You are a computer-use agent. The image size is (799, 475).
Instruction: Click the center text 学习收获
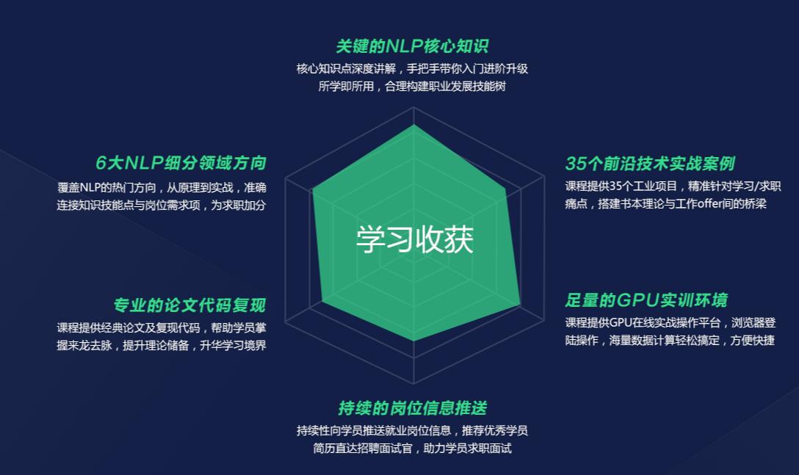tap(414, 240)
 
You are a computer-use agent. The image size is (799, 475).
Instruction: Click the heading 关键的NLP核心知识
tap(412, 46)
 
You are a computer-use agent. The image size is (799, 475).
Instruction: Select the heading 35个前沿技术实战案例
tap(649, 163)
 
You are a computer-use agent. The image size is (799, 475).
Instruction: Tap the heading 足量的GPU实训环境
tap(646, 300)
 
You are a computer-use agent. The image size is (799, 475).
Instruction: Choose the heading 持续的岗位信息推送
tap(412, 408)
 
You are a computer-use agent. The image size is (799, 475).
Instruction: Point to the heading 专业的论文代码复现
tap(189, 305)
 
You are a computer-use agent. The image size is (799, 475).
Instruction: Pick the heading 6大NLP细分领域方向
tap(181, 163)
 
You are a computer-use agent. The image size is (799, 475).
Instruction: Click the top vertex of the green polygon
tap(414, 125)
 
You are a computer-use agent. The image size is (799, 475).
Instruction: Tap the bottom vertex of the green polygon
tap(414, 341)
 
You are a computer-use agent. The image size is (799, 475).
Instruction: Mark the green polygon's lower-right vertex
tap(521, 304)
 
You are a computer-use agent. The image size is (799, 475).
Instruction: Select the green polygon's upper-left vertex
tap(313, 189)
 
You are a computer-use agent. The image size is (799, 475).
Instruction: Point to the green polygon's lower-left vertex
tap(322, 301)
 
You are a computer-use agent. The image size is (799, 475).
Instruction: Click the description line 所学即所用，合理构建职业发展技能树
tap(412, 86)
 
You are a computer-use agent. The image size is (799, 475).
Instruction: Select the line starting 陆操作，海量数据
tap(669, 341)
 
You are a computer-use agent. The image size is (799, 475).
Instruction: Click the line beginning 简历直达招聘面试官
tap(412, 448)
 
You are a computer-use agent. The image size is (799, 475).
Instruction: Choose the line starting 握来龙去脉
tap(162, 345)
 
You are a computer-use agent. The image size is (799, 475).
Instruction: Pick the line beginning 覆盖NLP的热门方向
tap(162, 187)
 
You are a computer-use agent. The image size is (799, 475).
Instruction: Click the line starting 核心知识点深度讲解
tap(412, 68)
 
